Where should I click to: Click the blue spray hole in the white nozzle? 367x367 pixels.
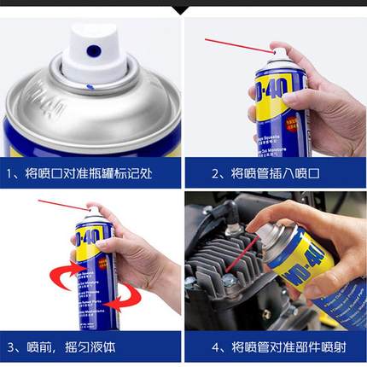click(94, 52)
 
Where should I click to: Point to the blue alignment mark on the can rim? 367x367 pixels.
click(90, 85)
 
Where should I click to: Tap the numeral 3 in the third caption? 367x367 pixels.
click(12, 348)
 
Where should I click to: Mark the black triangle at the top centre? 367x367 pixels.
click(182, 8)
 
